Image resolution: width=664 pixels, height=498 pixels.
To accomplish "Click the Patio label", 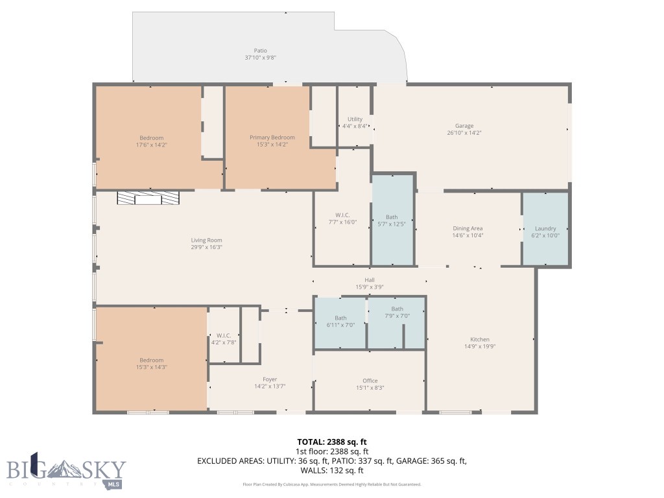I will [x=260, y=51].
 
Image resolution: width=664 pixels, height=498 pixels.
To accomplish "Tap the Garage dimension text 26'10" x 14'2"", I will [x=464, y=133].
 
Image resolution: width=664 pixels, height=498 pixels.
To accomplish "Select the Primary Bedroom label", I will [x=272, y=137].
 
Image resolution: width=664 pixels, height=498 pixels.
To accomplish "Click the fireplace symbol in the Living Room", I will [x=148, y=198].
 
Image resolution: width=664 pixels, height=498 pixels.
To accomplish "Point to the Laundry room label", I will [x=545, y=228].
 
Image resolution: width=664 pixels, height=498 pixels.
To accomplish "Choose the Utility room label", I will [x=355, y=119].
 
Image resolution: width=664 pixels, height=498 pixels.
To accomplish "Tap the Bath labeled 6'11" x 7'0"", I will [x=340, y=322].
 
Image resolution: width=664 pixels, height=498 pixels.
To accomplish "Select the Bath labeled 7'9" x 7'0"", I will [x=397, y=313].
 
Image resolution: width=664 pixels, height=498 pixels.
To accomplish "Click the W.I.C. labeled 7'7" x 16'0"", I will [x=342, y=219].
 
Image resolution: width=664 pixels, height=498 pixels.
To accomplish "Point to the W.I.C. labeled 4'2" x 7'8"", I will [x=224, y=338].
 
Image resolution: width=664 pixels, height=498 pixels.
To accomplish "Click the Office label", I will [x=370, y=381].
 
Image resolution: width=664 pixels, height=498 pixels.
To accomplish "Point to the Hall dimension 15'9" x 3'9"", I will [x=369, y=287].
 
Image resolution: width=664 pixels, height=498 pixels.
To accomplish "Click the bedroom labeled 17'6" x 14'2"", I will [x=151, y=141].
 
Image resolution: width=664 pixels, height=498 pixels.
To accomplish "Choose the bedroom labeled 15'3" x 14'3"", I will [x=151, y=364].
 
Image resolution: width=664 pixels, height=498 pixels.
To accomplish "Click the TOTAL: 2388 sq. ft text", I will [x=332, y=442].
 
